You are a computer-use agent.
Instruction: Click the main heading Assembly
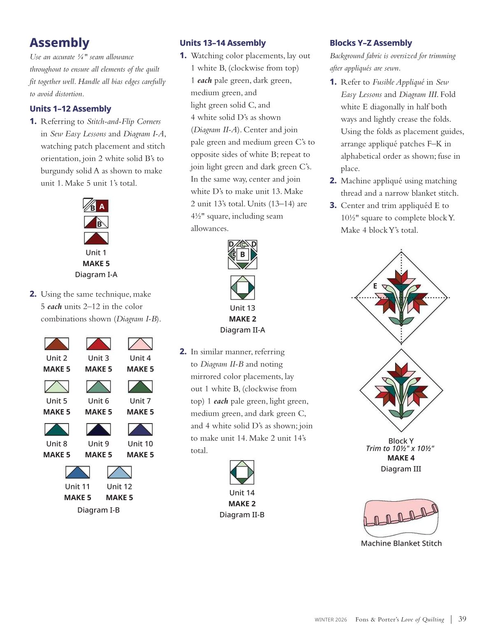click(60, 42)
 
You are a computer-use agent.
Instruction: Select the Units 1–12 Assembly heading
click(70, 109)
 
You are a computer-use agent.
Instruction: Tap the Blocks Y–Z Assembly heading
click(371, 43)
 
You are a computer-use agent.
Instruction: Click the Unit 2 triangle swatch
click(57, 344)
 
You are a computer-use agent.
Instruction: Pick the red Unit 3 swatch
click(99, 344)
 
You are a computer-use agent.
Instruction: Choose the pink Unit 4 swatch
click(140, 344)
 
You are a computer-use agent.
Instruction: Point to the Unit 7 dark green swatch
click(140, 387)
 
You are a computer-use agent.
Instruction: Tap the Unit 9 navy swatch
click(99, 429)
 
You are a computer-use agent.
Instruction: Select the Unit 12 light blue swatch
click(120, 472)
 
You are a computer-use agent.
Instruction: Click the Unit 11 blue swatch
click(78, 472)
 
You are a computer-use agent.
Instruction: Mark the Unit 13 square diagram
click(243, 287)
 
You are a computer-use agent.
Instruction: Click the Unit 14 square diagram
click(242, 473)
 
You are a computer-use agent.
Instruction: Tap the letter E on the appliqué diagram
click(375, 286)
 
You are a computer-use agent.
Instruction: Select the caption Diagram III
click(401, 469)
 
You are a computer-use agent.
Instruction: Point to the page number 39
click(462, 619)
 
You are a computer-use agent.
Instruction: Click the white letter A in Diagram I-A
click(102, 206)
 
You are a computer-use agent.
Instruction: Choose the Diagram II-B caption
click(242, 514)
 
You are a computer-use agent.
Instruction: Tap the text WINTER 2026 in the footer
click(331, 620)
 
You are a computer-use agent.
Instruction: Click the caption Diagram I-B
click(99, 510)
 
